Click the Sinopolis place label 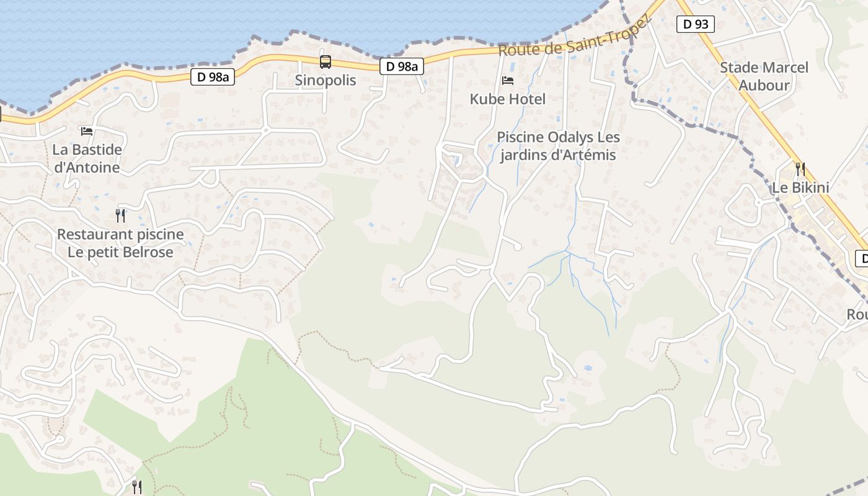[x=325, y=80]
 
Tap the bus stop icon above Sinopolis [x=325, y=62]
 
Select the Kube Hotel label [x=507, y=99]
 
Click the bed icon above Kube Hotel [x=507, y=81]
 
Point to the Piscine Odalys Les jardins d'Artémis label [x=558, y=146]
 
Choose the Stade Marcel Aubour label [x=764, y=76]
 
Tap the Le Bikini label [x=800, y=187]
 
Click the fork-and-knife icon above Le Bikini [x=800, y=168]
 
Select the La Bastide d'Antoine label [x=87, y=159]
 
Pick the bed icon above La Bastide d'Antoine [x=87, y=131]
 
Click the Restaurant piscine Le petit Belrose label [x=120, y=243]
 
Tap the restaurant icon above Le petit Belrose [x=120, y=216]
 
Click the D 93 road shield [x=695, y=25]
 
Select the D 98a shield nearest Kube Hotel [x=401, y=66]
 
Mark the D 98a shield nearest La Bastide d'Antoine [x=212, y=77]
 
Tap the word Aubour [x=764, y=85]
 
